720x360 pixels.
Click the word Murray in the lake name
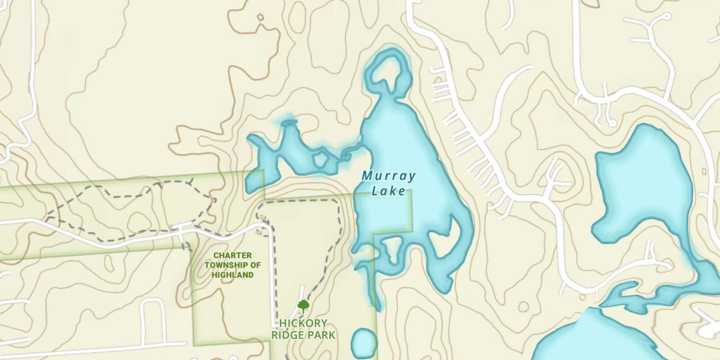pos(389,176)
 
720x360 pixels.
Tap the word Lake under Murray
pos(389,191)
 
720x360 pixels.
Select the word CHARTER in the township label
pos(232,255)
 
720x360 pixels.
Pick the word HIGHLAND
pos(232,275)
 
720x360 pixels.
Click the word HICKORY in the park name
pos(303,323)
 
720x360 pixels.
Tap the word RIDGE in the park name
pos(288,335)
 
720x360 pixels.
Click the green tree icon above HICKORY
pos(303,305)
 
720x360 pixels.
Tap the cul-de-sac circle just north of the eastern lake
pos(612,123)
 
